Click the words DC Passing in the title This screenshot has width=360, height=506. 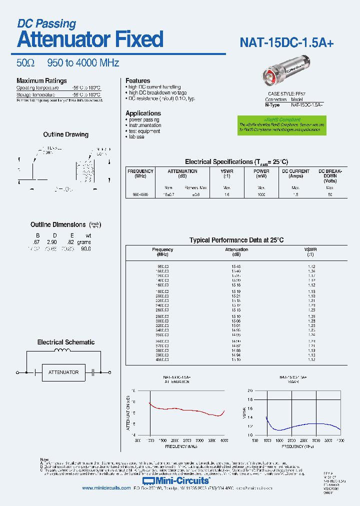coord(46,23)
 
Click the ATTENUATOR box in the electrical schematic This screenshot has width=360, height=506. coord(63,372)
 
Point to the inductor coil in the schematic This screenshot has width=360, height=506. coord(63,351)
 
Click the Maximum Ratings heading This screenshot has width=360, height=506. coord(41,80)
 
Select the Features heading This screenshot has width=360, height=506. coord(137,80)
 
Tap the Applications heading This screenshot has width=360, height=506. coord(143,113)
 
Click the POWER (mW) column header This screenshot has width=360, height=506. coord(261,173)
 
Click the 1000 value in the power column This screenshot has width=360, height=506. coord(261,194)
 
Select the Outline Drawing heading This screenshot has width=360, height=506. coord(65,134)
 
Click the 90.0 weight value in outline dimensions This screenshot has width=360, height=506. coord(85,248)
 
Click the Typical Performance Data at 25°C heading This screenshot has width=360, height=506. coord(236,240)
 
